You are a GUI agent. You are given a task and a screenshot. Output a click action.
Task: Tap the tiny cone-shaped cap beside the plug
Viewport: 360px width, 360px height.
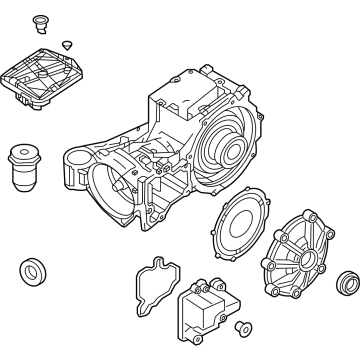tap(66, 44)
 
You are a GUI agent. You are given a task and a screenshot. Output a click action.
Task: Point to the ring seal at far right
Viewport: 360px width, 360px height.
tap(347, 279)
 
